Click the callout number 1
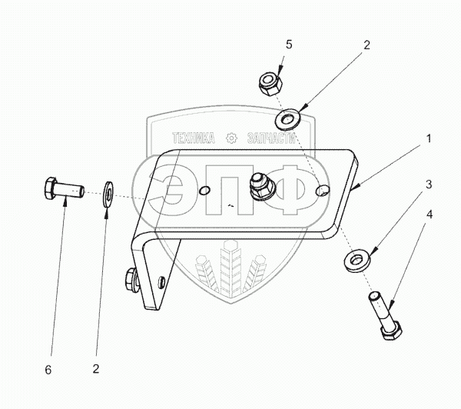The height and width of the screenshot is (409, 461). (x=428, y=140)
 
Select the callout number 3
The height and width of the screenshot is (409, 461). (x=429, y=185)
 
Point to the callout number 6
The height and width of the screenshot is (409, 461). (x=48, y=370)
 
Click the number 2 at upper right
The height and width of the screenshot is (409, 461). (x=366, y=45)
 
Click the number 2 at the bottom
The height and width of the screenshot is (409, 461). (x=96, y=370)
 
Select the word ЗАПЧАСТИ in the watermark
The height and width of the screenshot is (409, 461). (x=270, y=138)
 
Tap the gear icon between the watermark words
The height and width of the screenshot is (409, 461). (x=230, y=138)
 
